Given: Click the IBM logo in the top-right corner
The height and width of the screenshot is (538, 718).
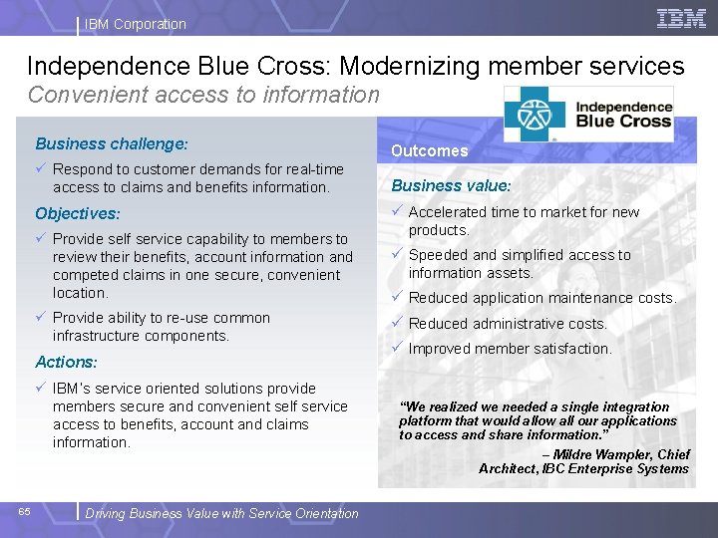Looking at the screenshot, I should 681,18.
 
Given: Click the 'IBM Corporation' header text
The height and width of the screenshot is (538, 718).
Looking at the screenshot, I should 136,24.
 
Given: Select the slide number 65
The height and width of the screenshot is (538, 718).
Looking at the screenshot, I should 24,512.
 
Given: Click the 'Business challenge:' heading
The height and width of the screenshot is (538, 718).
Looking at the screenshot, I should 112,144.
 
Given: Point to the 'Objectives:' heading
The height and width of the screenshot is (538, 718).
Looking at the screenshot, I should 78,214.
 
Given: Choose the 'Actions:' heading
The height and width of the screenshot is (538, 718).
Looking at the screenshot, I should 67,363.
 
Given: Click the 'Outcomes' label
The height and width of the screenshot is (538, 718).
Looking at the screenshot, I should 429,151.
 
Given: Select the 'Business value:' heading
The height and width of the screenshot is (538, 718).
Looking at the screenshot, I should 451,185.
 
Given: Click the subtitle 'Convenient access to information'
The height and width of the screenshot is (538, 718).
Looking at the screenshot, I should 203,96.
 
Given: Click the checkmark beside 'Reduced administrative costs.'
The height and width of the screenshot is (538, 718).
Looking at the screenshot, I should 397,323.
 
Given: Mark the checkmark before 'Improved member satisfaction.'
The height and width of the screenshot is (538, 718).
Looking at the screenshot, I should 397,348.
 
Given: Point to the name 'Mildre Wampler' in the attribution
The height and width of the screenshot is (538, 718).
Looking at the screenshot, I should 598,454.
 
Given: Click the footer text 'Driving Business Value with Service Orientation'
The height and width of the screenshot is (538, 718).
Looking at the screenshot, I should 221,514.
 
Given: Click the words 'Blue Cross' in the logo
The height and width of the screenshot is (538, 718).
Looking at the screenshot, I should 625,122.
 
